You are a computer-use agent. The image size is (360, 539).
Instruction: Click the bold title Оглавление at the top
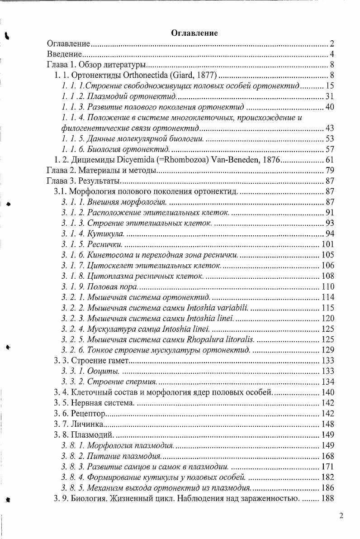(194, 33)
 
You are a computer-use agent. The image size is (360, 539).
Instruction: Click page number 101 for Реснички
(327, 245)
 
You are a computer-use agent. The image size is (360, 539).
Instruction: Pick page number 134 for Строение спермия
(327, 382)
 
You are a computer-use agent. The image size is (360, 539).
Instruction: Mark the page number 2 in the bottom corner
(341, 516)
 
